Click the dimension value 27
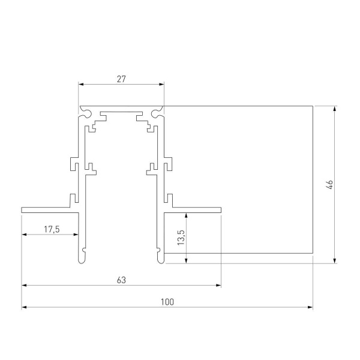click(121, 78)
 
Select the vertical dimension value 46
click(329, 185)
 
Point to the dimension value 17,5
click(51, 229)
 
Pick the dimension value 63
click(121, 280)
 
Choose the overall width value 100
click(167, 302)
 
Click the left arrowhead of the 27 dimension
click(81, 85)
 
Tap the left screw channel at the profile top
click(87, 112)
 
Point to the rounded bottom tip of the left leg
click(80, 260)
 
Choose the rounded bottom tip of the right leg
click(161, 260)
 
